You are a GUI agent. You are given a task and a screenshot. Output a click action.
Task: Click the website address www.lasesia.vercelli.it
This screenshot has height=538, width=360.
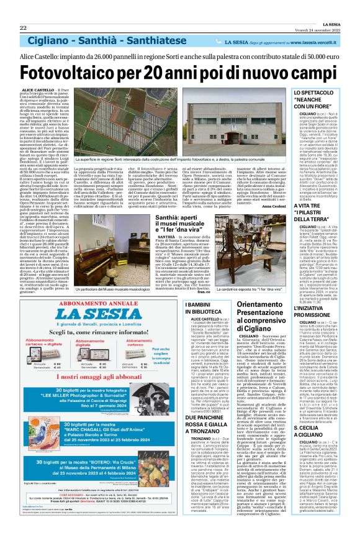[322, 42]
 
